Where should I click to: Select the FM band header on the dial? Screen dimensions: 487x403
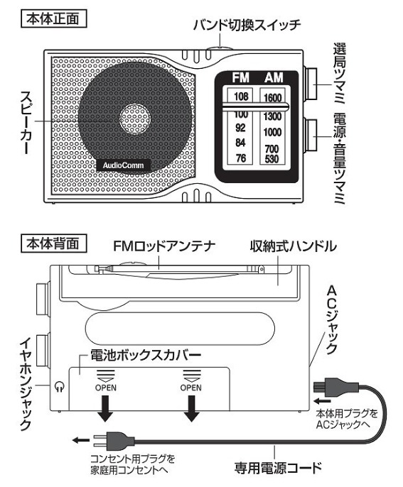coord(242,77)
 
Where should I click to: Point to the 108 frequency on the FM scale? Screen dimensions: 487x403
coord(241,97)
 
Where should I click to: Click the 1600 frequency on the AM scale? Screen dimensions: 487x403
coord(273,98)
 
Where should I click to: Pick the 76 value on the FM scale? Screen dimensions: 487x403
coord(240,158)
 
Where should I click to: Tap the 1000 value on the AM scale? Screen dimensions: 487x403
coord(273,132)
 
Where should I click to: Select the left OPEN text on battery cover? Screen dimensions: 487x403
coord(104,388)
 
